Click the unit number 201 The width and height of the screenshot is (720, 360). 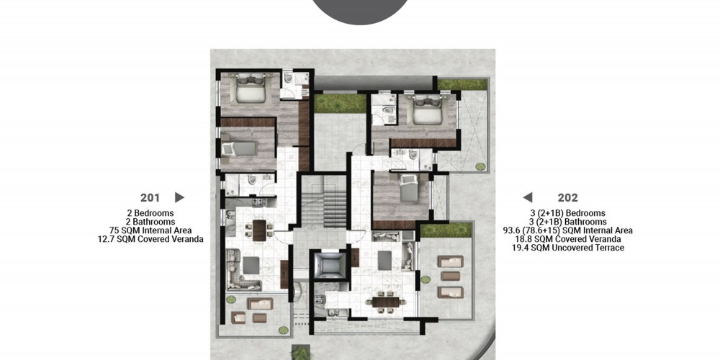pyautogui.click(x=150, y=198)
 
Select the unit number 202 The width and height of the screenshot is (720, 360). pyautogui.click(x=567, y=198)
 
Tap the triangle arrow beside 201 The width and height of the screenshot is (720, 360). pyautogui.click(x=179, y=197)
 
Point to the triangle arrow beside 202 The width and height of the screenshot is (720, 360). pyautogui.click(x=528, y=197)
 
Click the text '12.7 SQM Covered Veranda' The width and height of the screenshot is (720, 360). pyautogui.click(x=150, y=239)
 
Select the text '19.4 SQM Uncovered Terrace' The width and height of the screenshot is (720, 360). pyautogui.click(x=568, y=248)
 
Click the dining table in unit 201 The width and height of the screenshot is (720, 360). pyautogui.click(x=259, y=230)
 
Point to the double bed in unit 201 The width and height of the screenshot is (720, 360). pyautogui.click(x=251, y=88)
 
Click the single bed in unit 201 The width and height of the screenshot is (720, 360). pyautogui.click(x=239, y=149)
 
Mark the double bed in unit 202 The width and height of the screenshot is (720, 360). pyautogui.click(x=427, y=109)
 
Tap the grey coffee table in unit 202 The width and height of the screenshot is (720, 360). pyautogui.click(x=384, y=261)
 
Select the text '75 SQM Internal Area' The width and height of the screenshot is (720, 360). pyautogui.click(x=150, y=230)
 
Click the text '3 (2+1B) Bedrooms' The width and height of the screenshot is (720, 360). pyautogui.click(x=568, y=213)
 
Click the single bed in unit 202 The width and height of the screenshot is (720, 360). pyautogui.click(x=409, y=187)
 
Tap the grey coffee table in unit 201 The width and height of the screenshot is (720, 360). pyautogui.click(x=251, y=265)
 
